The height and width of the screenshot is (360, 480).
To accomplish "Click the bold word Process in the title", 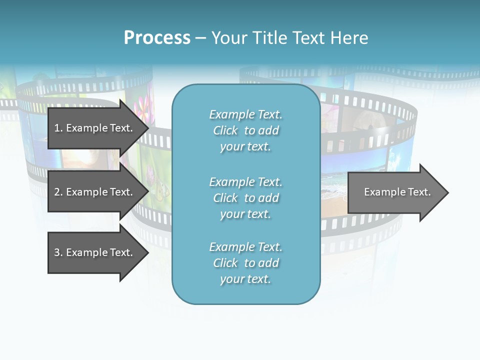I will coord(157,38).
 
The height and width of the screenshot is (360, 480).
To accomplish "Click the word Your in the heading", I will coord(228,38).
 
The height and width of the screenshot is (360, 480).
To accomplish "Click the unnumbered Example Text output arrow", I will coord(397,192).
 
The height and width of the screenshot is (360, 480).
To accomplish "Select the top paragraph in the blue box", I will coord(245,130).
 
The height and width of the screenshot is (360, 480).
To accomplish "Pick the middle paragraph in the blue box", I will coord(245,198).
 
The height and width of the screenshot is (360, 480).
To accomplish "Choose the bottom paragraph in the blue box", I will coord(245,263).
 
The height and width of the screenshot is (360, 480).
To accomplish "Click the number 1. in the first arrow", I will coord(58,128).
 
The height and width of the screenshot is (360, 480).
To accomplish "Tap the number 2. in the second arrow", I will coord(58,192).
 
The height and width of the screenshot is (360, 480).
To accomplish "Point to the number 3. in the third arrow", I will coord(58,252).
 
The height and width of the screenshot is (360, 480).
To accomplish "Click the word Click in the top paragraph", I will coord(225,130).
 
